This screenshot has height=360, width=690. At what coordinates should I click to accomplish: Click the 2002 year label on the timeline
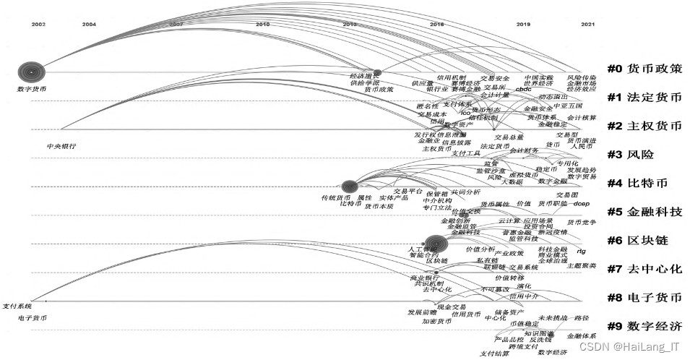tap(38, 25)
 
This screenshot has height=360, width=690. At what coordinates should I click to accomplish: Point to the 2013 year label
tap(350, 25)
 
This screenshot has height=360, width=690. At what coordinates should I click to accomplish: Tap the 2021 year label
tap(587, 25)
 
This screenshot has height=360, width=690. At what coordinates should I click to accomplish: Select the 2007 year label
tap(176, 25)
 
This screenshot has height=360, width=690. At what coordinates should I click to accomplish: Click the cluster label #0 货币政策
tap(644, 69)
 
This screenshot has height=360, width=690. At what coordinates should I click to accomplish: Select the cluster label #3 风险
tap(631, 154)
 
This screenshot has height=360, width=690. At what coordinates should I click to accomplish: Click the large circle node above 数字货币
tap(31, 72)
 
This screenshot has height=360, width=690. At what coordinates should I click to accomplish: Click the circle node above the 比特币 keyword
tap(350, 187)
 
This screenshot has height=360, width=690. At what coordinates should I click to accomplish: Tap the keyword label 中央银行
tap(61, 146)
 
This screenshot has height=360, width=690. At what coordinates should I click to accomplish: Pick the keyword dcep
tap(582, 204)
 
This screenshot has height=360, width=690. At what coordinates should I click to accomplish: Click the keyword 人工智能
tap(421, 249)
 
